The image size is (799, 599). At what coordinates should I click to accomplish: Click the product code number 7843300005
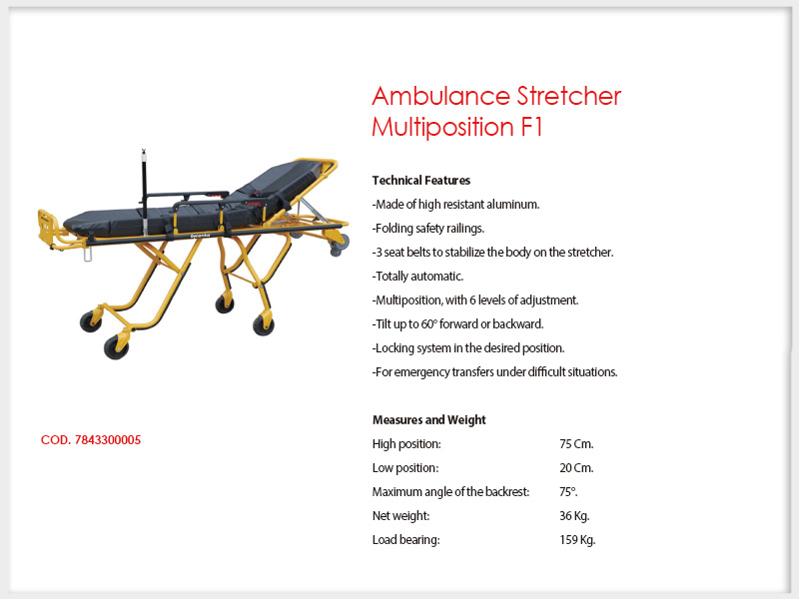point(108,440)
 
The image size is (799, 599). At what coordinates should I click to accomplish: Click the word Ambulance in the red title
point(440,96)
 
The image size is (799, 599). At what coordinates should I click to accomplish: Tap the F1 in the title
point(531,127)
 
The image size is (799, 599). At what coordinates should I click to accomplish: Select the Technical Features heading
point(420,181)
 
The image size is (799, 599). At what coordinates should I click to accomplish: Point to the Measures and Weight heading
point(429,419)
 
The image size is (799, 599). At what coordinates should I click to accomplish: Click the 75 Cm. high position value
point(576,444)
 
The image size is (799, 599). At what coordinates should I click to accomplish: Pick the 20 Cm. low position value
point(576,468)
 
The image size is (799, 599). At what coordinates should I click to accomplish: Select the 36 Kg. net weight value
point(574,516)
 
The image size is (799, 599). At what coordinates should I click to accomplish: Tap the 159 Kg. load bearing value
point(577,540)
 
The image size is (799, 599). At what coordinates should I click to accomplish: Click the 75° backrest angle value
point(568,492)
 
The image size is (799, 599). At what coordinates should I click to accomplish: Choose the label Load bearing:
point(406,540)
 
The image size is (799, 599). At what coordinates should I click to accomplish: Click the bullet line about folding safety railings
point(428,229)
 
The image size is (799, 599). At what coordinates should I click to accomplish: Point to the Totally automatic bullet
point(417,277)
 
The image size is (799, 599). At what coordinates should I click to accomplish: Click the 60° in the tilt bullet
point(428,323)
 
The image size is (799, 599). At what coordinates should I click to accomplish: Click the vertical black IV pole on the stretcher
point(144,193)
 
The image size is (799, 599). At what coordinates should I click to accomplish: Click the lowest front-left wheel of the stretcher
point(116,346)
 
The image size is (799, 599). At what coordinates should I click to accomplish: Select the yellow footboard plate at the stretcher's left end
point(46,224)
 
